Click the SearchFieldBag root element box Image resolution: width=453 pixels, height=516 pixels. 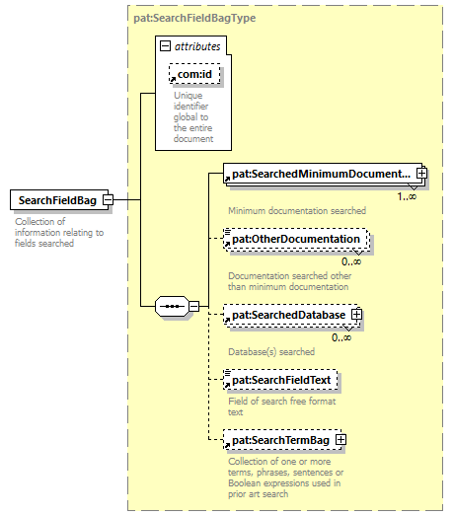(x=59, y=199)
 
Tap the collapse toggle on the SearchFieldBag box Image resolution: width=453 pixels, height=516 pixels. (x=109, y=199)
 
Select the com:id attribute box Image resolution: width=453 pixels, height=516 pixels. (x=194, y=74)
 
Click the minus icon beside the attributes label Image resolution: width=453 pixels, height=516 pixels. (x=165, y=45)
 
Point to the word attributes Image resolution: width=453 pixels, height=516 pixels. (x=197, y=46)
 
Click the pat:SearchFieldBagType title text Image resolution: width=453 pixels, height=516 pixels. (x=194, y=18)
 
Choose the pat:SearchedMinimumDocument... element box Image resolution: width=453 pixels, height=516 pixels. (x=323, y=174)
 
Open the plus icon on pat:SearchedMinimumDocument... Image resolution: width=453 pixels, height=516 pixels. (x=421, y=173)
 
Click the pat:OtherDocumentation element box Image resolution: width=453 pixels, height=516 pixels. (x=296, y=239)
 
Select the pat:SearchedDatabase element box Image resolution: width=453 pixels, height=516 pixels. (x=291, y=315)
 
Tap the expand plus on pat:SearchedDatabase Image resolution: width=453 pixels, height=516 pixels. (x=356, y=315)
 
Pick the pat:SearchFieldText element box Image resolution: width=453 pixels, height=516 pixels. (x=280, y=380)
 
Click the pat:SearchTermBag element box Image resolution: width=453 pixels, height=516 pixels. (x=282, y=440)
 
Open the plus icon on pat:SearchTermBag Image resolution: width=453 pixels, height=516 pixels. (x=340, y=440)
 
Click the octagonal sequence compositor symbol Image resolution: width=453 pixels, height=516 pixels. (x=172, y=307)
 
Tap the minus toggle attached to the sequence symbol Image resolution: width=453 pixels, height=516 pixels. (x=193, y=307)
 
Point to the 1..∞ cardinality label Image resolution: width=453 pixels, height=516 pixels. (x=407, y=196)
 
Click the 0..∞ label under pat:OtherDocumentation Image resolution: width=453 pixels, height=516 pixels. (x=351, y=262)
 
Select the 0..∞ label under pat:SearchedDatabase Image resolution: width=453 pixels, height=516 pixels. (x=341, y=337)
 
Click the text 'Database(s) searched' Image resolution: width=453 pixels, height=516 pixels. (x=271, y=352)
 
